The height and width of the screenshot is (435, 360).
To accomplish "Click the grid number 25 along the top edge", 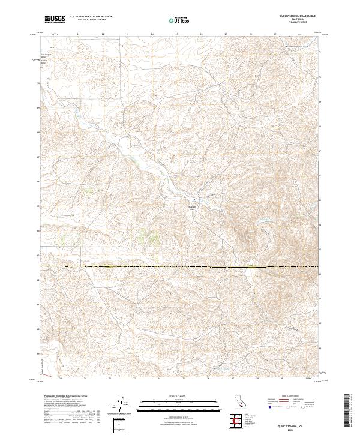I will [176, 34].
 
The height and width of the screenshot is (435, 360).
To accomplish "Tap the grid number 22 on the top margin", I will [103, 34].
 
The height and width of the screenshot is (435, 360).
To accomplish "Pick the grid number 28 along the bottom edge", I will [257, 379].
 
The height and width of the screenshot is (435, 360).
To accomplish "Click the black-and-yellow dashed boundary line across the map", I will [180, 266].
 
